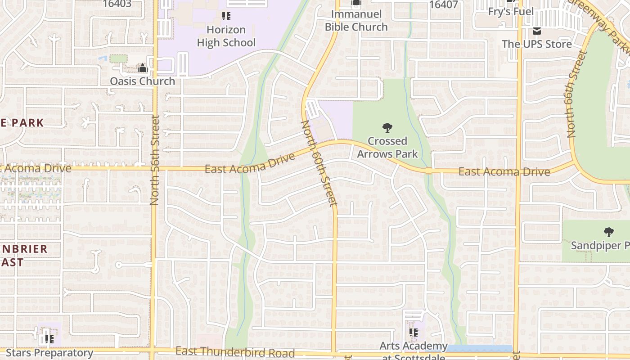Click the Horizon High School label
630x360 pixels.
(x=226, y=36)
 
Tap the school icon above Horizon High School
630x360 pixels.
(x=226, y=17)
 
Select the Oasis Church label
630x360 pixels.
(x=143, y=81)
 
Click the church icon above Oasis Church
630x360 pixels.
(x=143, y=68)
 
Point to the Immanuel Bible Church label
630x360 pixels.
(x=356, y=21)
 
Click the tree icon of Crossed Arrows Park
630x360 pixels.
(x=387, y=128)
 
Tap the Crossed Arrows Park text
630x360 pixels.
(x=387, y=148)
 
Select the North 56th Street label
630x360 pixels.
(x=155, y=160)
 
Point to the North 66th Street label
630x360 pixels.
(x=577, y=94)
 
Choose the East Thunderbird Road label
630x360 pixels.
(x=235, y=352)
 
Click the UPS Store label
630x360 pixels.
(x=536, y=44)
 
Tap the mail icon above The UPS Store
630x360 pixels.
(x=536, y=31)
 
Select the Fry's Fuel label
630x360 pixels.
(x=511, y=12)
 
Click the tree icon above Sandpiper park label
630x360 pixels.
(x=608, y=232)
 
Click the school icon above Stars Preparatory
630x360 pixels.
(x=49, y=339)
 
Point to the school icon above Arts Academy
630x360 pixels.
(x=414, y=333)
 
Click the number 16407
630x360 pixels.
(x=443, y=5)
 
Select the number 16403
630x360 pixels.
(x=117, y=4)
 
